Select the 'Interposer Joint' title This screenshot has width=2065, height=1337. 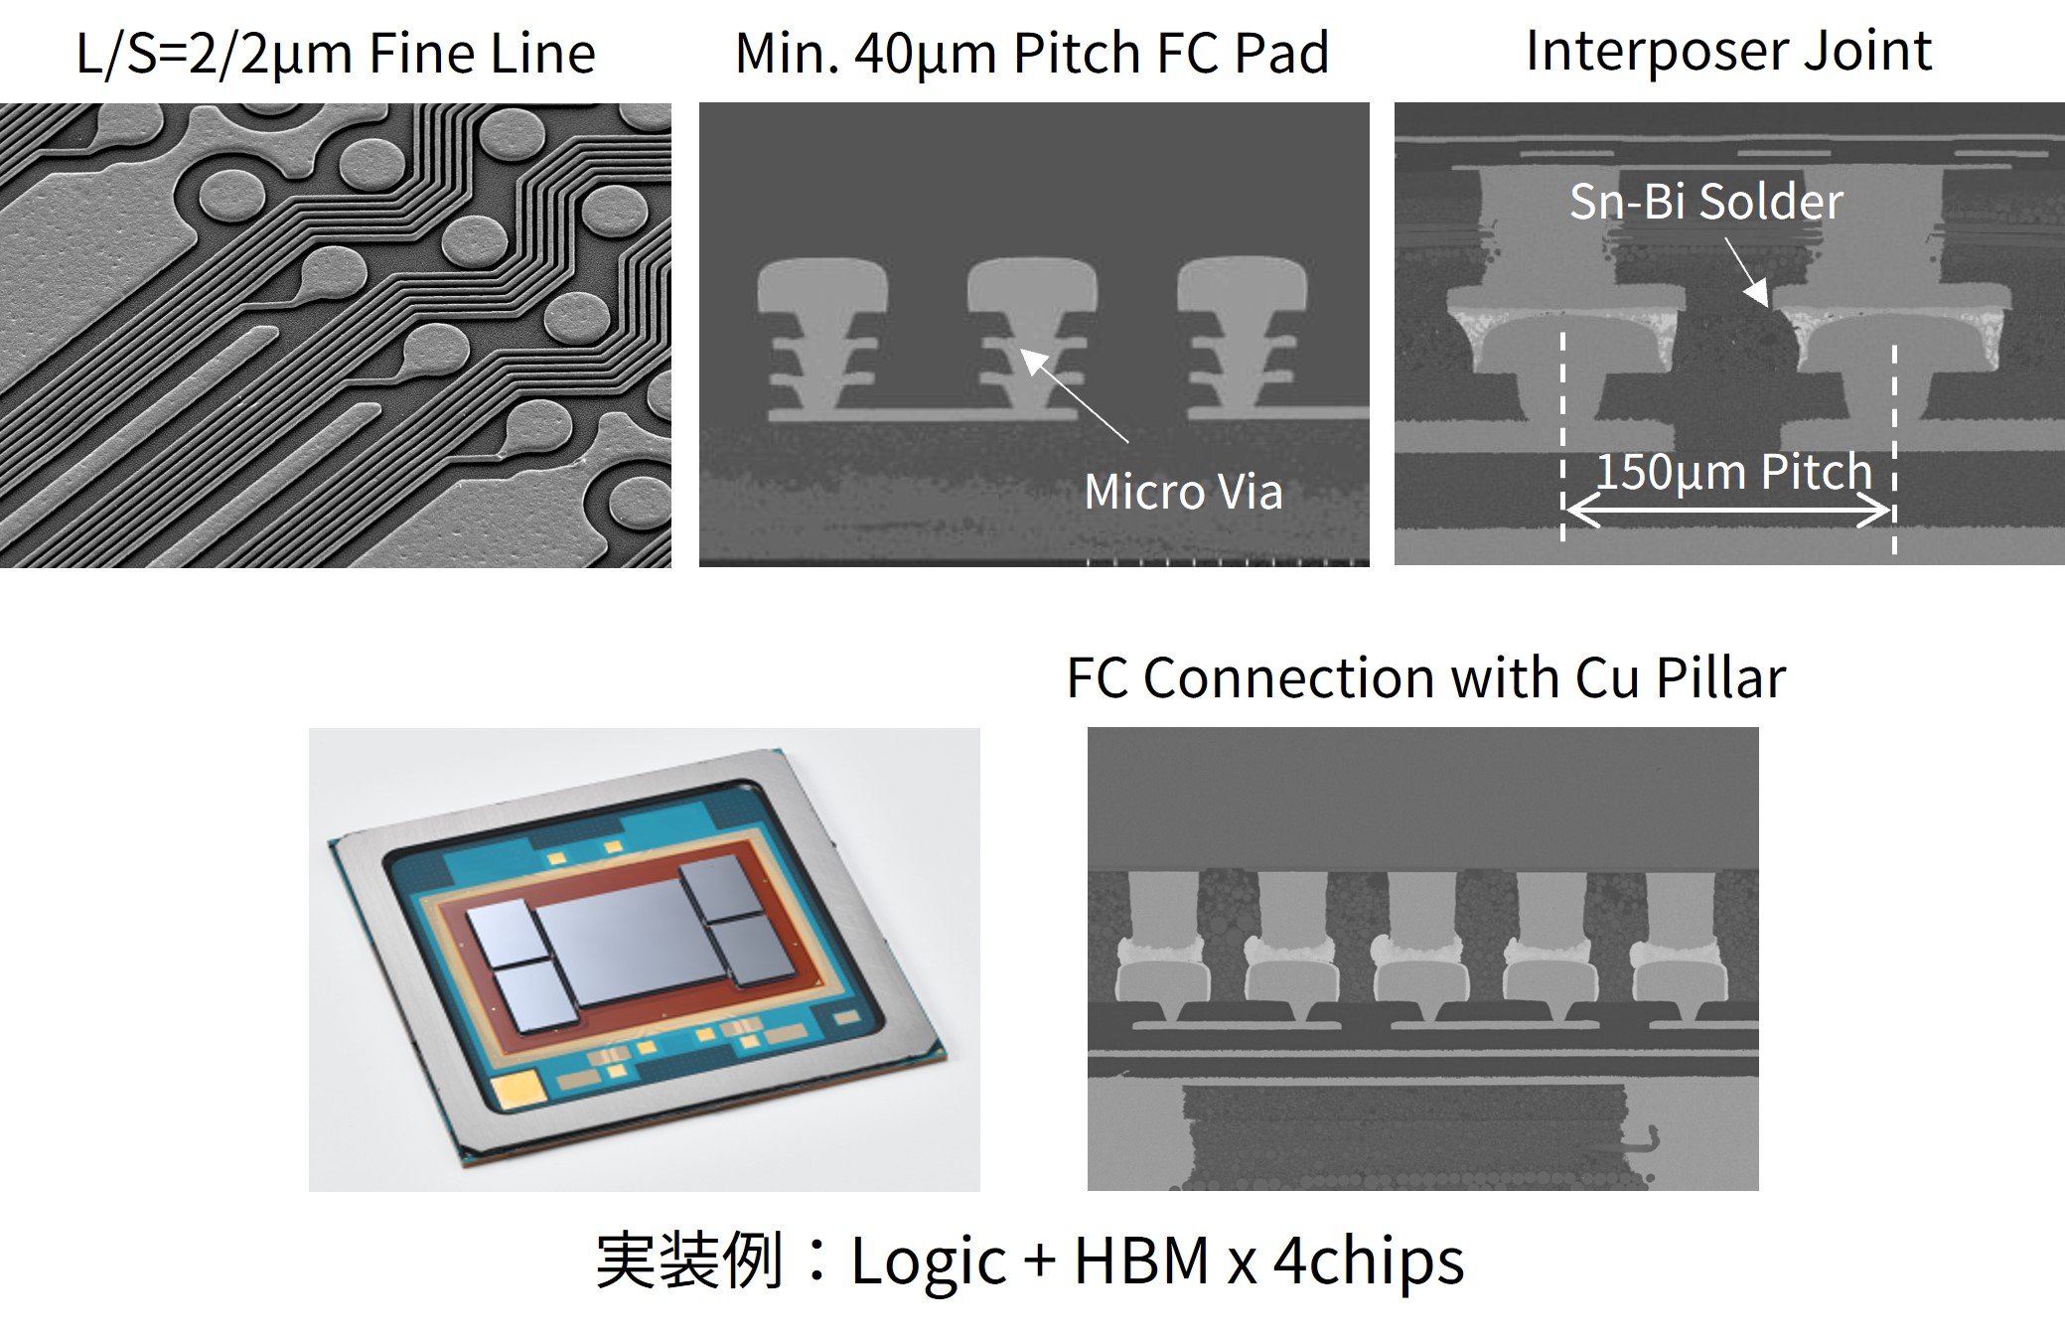1728,51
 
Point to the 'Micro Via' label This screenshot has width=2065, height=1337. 1183,492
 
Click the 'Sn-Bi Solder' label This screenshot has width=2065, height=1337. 1705,202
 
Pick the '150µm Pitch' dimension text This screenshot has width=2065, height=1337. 1733,471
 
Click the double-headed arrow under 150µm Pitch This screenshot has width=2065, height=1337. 1728,513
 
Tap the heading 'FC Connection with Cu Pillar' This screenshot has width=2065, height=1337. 1425,678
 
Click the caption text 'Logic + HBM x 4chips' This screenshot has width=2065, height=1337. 1157,1261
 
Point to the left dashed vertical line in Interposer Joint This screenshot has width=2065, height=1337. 1562,437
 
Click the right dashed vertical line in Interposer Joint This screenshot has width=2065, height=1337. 1894,447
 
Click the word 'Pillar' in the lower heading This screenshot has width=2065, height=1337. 1720,678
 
